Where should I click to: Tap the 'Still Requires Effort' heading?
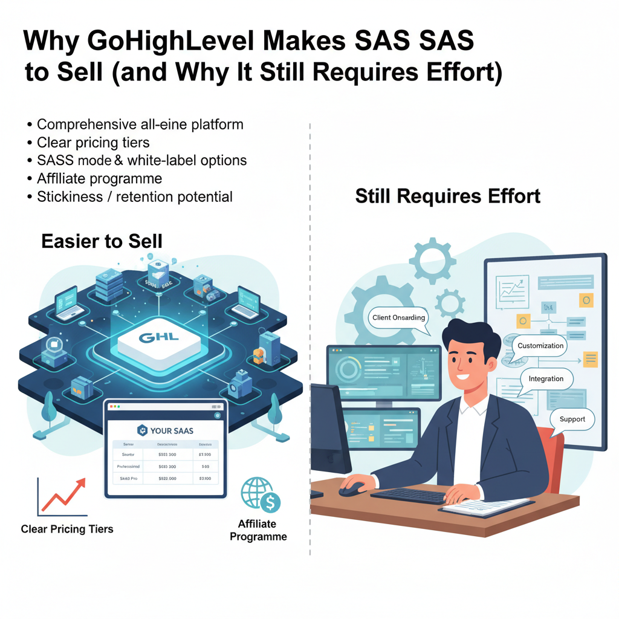pos(447,196)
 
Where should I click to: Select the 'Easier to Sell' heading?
pos(102,241)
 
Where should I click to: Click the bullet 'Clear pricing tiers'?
pos(93,143)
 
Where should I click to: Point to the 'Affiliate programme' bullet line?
pos(99,178)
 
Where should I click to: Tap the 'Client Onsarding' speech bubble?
pos(399,318)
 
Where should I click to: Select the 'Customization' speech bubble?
pos(540,346)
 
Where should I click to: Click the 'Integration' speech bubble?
pos(546,379)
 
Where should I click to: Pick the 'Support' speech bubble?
pos(572,419)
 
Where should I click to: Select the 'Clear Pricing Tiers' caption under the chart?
pos(67,529)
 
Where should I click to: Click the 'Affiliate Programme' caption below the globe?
pos(258,530)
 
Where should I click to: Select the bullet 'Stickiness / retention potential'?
pos(134,196)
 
